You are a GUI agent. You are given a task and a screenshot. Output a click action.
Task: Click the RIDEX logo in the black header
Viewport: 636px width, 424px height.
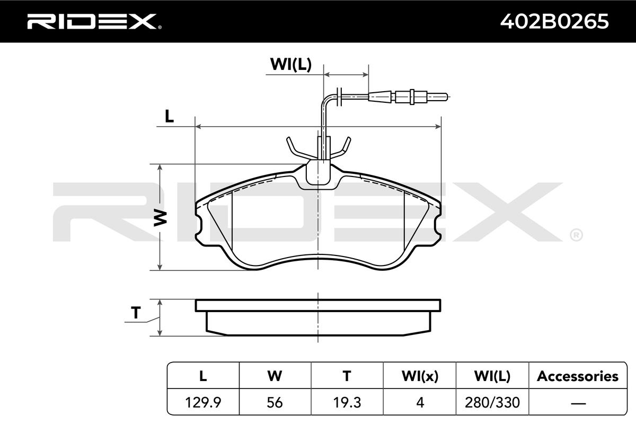pyautogui.click(x=94, y=22)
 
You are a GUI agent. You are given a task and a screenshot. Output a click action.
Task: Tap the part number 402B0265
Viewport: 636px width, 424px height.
pyautogui.click(x=554, y=22)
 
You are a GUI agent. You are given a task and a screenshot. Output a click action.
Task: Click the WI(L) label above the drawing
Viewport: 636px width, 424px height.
pyautogui.click(x=291, y=64)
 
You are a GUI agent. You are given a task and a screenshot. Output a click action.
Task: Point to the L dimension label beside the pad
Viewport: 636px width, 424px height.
pyautogui.click(x=169, y=116)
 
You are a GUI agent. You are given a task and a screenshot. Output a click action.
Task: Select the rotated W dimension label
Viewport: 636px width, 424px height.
pyautogui.click(x=161, y=218)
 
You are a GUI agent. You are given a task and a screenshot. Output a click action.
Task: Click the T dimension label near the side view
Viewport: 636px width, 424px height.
pyautogui.click(x=136, y=313)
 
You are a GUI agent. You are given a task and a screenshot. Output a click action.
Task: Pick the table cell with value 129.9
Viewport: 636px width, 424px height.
pyautogui.click(x=203, y=402)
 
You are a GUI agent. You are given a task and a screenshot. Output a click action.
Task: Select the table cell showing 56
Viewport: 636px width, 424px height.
pyautogui.click(x=275, y=402)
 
